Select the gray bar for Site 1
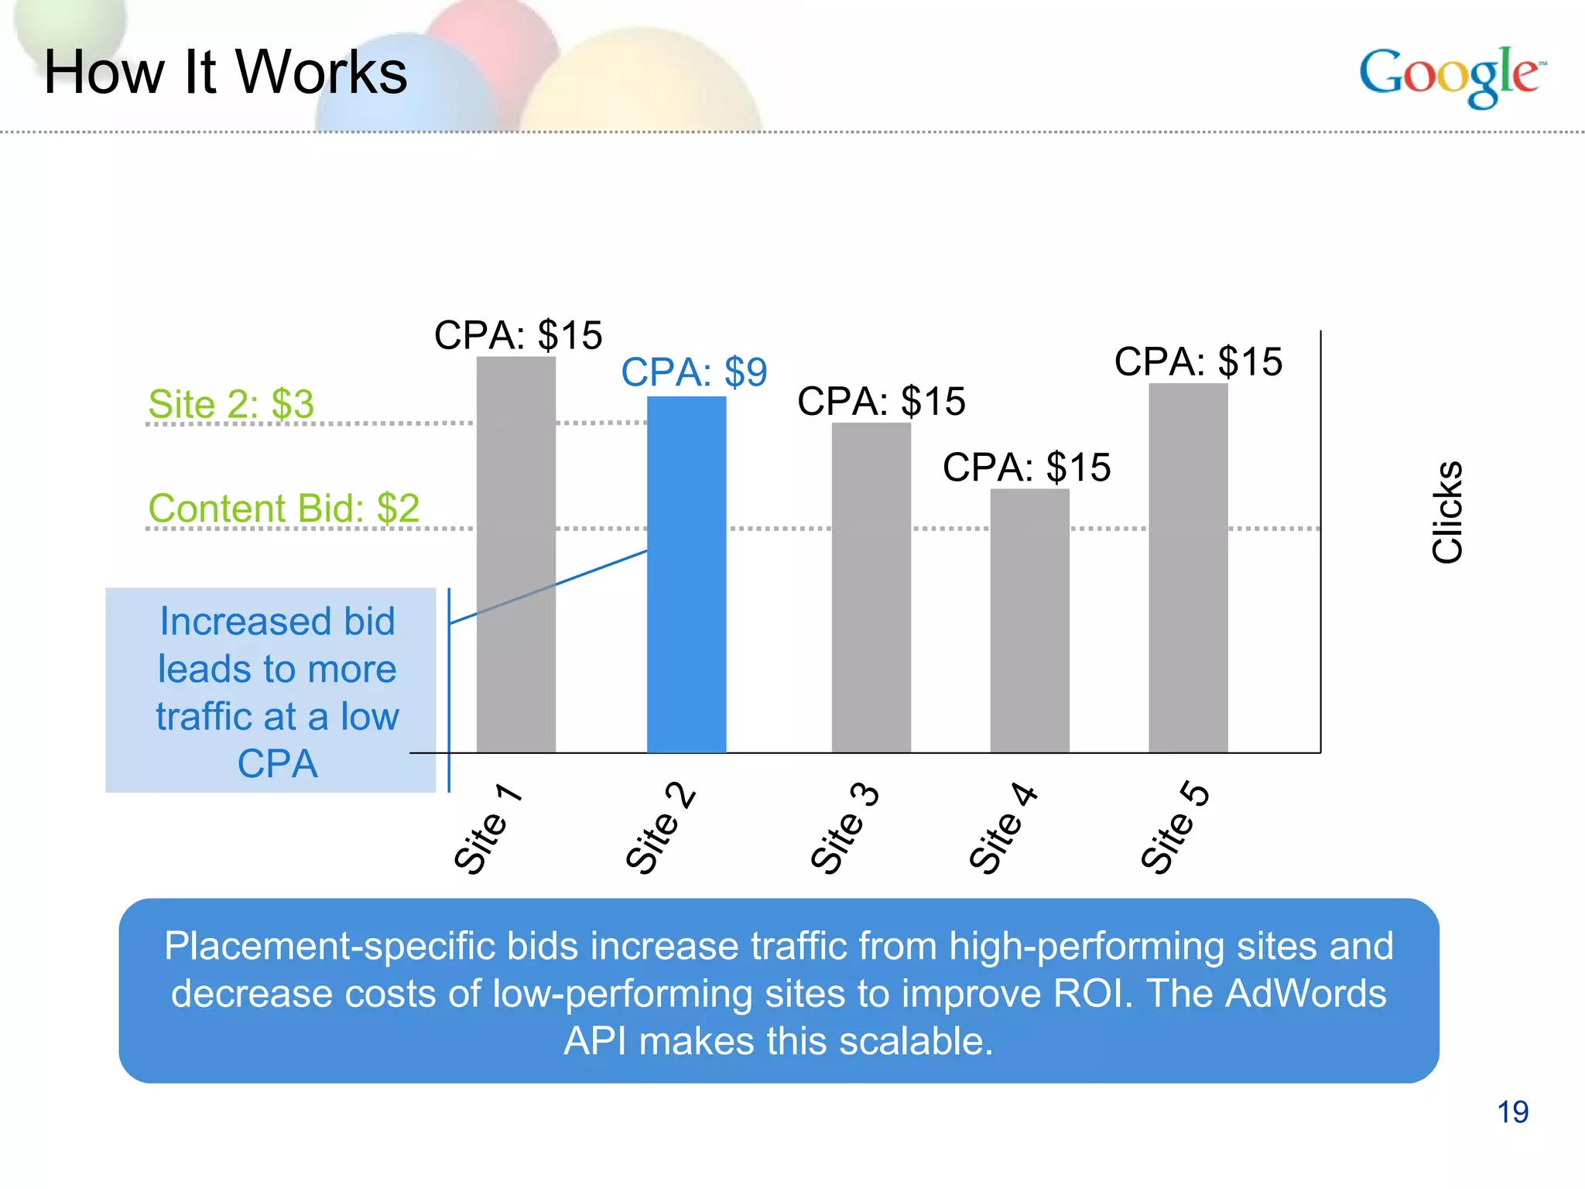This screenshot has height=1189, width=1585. pyautogui.click(x=515, y=554)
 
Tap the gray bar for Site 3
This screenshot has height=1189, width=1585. pyautogui.click(x=871, y=588)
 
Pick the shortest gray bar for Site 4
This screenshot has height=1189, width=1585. pyautogui.click(x=1029, y=620)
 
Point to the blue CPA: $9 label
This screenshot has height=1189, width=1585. pyautogui.click(x=693, y=372)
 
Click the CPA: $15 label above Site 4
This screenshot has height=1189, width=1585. pyautogui.click(x=1026, y=468)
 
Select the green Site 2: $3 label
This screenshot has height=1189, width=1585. pyautogui.click(x=231, y=404)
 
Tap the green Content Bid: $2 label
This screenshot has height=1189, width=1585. pyautogui.click(x=283, y=509)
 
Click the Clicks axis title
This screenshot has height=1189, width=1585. pyautogui.click(x=1446, y=512)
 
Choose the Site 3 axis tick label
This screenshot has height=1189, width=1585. pyautogui.click(x=844, y=828)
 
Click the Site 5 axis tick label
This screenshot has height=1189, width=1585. pyautogui.click(x=1174, y=828)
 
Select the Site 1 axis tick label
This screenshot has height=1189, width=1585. pyautogui.click(x=487, y=828)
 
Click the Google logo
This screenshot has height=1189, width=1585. pyautogui.click(x=1452, y=76)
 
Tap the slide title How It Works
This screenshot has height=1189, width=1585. pyautogui.click(x=225, y=72)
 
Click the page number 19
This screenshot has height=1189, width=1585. pyautogui.click(x=1512, y=1112)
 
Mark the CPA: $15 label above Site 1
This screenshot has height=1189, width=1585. pyautogui.click(x=518, y=335)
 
